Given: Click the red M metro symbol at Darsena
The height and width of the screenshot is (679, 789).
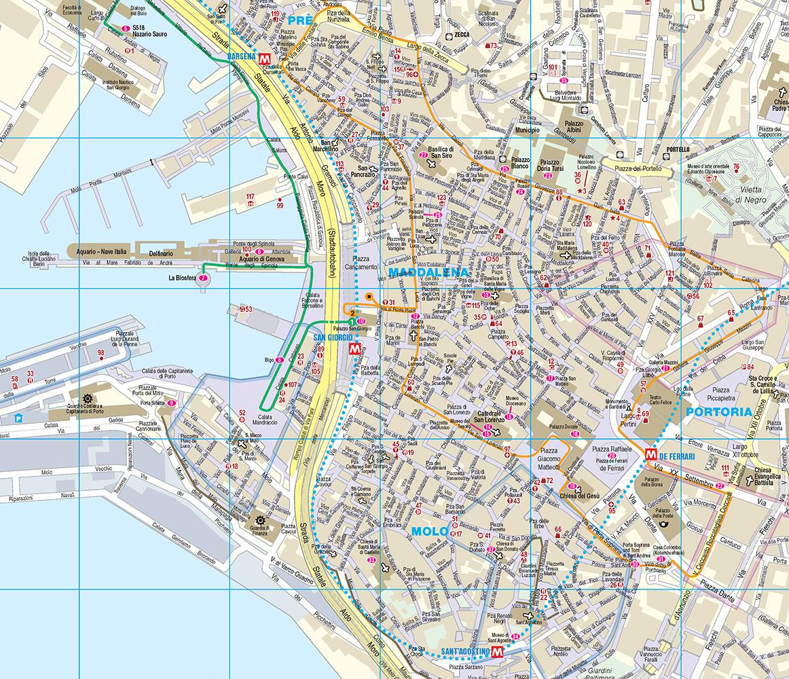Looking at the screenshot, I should pos(272,58).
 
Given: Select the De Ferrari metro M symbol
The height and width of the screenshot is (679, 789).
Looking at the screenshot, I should pos(650,456).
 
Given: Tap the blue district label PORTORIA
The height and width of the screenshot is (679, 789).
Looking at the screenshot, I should pos(718,411).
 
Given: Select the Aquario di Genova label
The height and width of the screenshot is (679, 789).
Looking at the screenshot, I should pos(265,259).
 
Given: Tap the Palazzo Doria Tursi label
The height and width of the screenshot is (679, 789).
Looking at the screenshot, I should pos(551,167).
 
